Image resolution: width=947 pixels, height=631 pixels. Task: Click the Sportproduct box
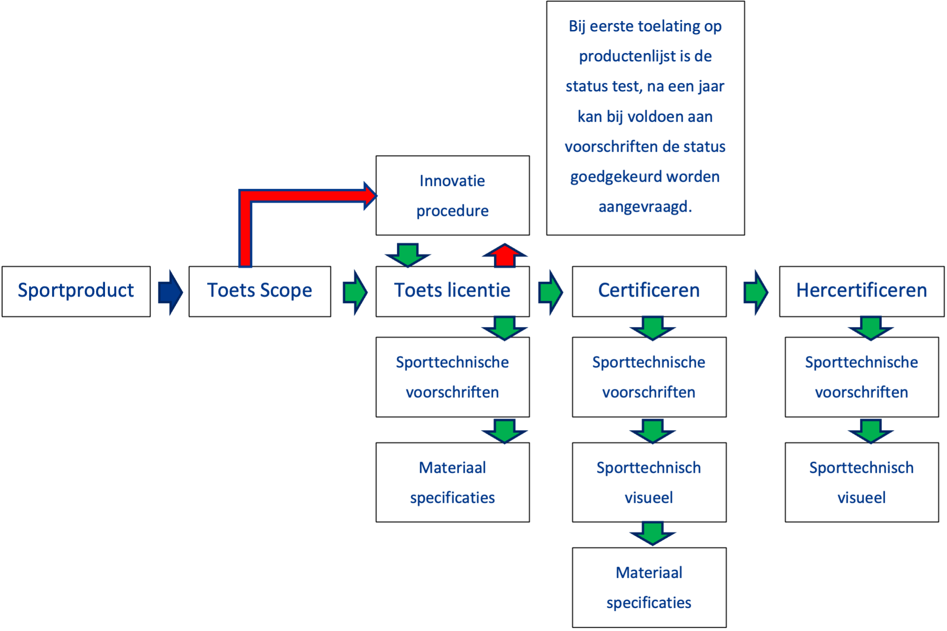pyautogui.click(x=76, y=291)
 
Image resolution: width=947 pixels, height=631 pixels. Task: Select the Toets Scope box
pyautogui.click(x=260, y=291)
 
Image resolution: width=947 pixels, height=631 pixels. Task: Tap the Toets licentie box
pyautogui.click(x=452, y=291)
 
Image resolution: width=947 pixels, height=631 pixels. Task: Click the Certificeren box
pyautogui.click(x=649, y=291)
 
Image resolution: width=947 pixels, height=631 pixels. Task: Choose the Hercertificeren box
pyautogui.click(x=861, y=291)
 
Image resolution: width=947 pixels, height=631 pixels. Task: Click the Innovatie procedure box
pyautogui.click(x=452, y=195)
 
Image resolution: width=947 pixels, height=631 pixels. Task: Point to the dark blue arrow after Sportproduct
pyautogui.click(x=170, y=292)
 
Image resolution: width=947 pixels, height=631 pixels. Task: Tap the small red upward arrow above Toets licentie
pyautogui.click(x=505, y=256)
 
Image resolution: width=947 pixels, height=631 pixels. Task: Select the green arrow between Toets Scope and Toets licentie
pyautogui.click(x=355, y=292)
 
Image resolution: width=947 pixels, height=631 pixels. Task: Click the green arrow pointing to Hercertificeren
pyautogui.click(x=755, y=292)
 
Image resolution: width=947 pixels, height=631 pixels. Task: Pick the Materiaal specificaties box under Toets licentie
pyautogui.click(x=452, y=482)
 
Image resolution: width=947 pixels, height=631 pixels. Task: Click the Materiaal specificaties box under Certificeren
pyautogui.click(x=649, y=587)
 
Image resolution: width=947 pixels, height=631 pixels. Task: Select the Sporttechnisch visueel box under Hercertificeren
pyautogui.click(x=861, y=482)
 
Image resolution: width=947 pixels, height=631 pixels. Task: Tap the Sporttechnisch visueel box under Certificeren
pyautogui.click(x=649, y=482)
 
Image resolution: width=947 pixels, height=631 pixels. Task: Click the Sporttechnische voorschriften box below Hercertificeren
pyautogui.click(x=861, y=377)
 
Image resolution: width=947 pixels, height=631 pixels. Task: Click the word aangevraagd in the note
pyautogui.click(x=645, y=207)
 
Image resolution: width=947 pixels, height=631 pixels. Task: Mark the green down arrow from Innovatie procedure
pyautogui.click(x=408, y=255)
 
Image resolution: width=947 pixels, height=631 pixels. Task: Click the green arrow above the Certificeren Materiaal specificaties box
pyautogui.click(x=653, y=534)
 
